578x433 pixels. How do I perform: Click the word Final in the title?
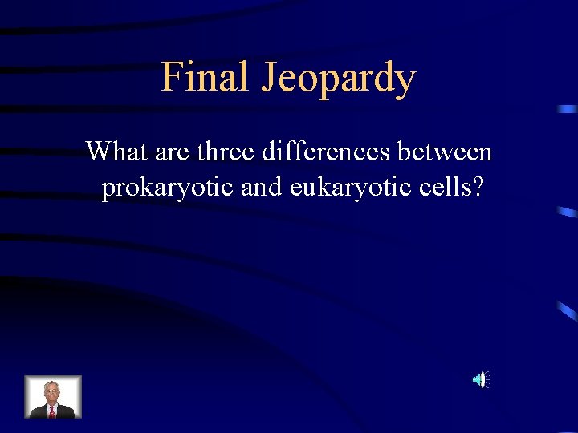204,77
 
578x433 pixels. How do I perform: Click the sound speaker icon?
479,379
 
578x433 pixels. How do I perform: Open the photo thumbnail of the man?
53,397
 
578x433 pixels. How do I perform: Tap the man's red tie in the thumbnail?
52,411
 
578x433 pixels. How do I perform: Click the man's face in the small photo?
52,392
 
